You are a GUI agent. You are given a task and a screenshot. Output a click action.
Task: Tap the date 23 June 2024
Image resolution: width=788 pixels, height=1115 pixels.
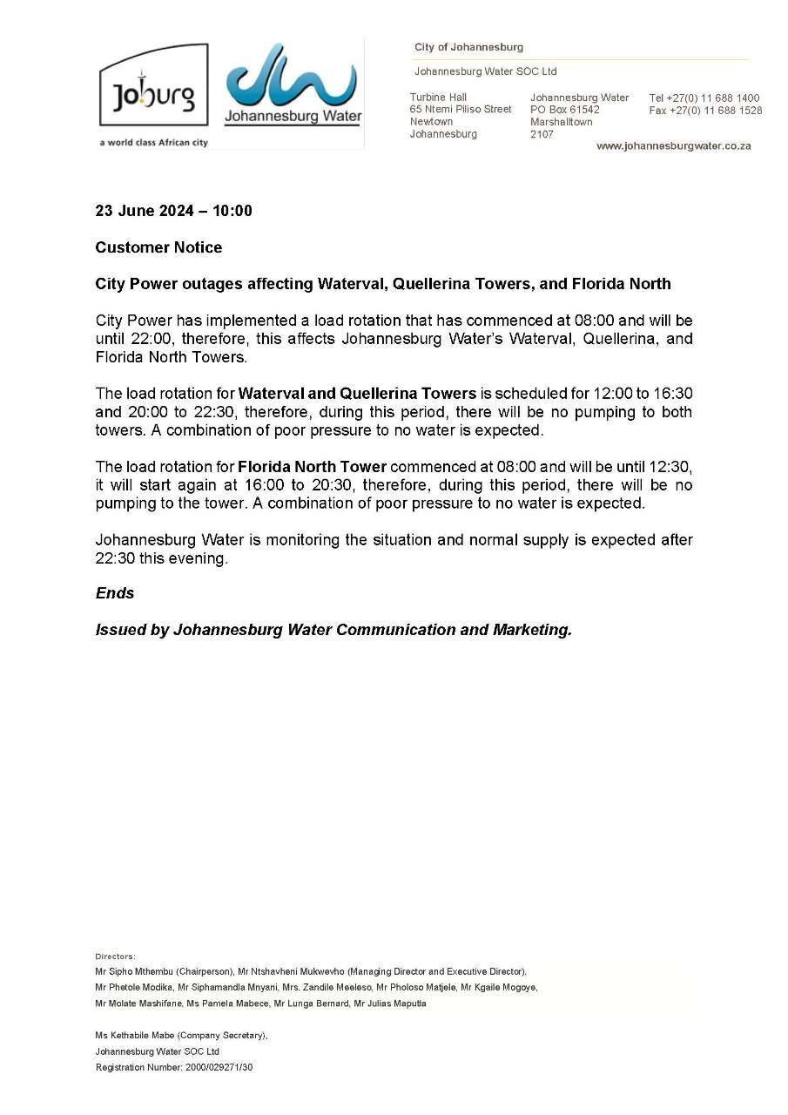click(x=147, y=211)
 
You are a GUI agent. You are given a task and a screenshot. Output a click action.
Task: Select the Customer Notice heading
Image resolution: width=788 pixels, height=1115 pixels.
click(x=158, y=247)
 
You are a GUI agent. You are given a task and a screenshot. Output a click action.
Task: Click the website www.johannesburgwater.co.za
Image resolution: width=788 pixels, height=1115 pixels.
click(x=673, y=146)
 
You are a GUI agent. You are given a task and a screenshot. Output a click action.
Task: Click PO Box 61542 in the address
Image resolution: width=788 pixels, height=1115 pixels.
click(x=565, y=111)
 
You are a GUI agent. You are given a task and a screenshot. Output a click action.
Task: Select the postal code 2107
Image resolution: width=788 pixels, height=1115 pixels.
click(x=542, y=135)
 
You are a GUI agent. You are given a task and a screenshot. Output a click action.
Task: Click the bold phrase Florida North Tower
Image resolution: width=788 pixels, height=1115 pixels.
click(x=312, y=467)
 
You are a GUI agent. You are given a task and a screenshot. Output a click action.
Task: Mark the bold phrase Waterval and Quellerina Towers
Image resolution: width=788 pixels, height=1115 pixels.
click(x=357, y=394)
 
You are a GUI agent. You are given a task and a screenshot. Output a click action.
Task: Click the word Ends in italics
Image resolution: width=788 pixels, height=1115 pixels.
click(x=115, y=593)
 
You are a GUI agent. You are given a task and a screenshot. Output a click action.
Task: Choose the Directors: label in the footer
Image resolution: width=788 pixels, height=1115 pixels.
click(x=115, y=956)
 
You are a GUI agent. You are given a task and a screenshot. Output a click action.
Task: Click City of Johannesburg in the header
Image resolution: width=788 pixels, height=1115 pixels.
click(x=468, y=47)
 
